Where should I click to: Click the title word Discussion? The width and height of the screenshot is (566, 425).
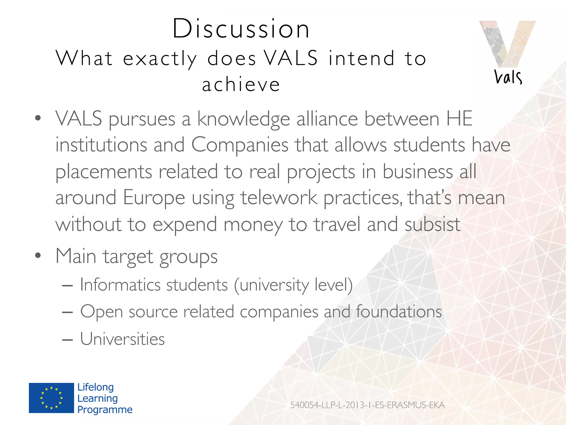241,28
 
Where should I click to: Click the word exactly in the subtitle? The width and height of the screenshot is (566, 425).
160,59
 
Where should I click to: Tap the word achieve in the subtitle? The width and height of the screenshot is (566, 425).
241,84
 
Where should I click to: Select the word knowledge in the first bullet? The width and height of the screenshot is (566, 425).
243,119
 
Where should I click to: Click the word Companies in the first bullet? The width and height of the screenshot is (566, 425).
240,145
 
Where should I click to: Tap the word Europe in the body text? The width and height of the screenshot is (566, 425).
154,198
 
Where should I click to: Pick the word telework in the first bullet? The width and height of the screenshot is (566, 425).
279,198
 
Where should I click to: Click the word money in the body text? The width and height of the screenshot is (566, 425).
253,224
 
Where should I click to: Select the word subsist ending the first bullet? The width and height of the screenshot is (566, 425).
432,224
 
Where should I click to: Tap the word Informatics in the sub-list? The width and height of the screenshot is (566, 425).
120,284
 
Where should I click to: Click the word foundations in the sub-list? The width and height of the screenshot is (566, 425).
399,312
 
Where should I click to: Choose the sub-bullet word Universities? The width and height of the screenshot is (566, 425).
122,339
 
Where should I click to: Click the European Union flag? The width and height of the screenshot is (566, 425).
51,398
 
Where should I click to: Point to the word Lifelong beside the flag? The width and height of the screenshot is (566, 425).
95,387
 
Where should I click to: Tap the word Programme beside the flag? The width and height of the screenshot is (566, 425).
105,410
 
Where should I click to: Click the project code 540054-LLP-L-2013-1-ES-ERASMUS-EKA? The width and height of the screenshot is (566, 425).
367,405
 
